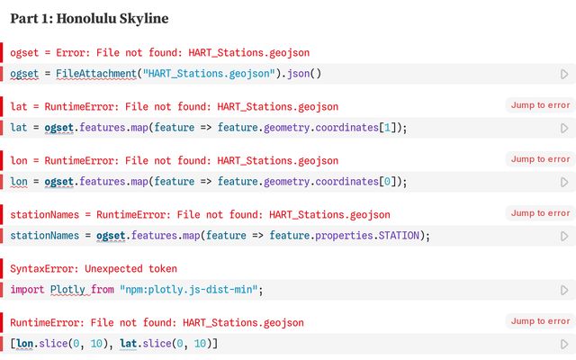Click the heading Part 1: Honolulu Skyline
point(89,18)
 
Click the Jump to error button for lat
point(540,105)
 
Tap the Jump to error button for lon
point(540,159)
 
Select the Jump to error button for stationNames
point(540,213)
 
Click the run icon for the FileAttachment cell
point(564,74)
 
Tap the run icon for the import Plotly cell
point(564,290)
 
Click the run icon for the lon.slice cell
point(564,344)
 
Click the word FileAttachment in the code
point(96,74)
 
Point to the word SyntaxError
point(44,268)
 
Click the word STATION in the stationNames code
point(399,236)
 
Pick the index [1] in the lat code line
point(387,128)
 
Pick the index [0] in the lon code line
point(387,182)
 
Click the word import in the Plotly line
point(27,290)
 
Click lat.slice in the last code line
point(146,344)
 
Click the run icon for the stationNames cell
point(564,236)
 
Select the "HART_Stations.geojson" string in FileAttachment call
point(209,74)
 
